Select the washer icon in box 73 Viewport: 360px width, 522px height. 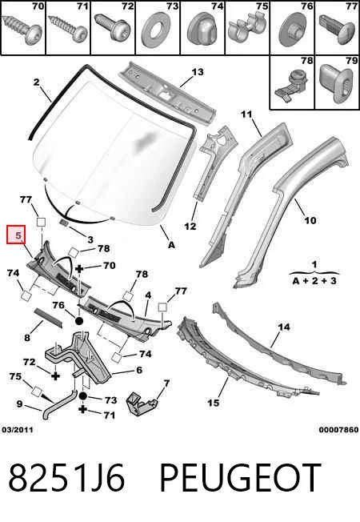pyautogui.click(x=154, y=30)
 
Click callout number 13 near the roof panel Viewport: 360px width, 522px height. pyautogui.click(x=198, y=72)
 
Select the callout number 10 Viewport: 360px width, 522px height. pyautogui.click(x=310, y=220)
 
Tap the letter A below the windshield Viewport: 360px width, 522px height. pyautogui.click(x=171, y=245)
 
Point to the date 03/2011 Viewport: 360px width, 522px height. pyautogui.click(x=18, y=430)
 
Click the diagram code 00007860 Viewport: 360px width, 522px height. pyautogui.click(x=338, y=430)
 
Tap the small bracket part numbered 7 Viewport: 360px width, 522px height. pyautogui.click(x=141, y=404)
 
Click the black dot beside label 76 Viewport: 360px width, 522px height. pyautogui.click(x=79, y=321)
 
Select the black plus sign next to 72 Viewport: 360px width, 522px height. pyautogui.click(x=55, y=375)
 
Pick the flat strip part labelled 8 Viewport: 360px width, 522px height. pyautogui.click(x=48, y=318)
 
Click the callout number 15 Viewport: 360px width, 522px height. pyautogui.click(x=214, y=403)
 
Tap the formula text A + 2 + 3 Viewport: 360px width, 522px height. pyautogui.click(x=314, y=281)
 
